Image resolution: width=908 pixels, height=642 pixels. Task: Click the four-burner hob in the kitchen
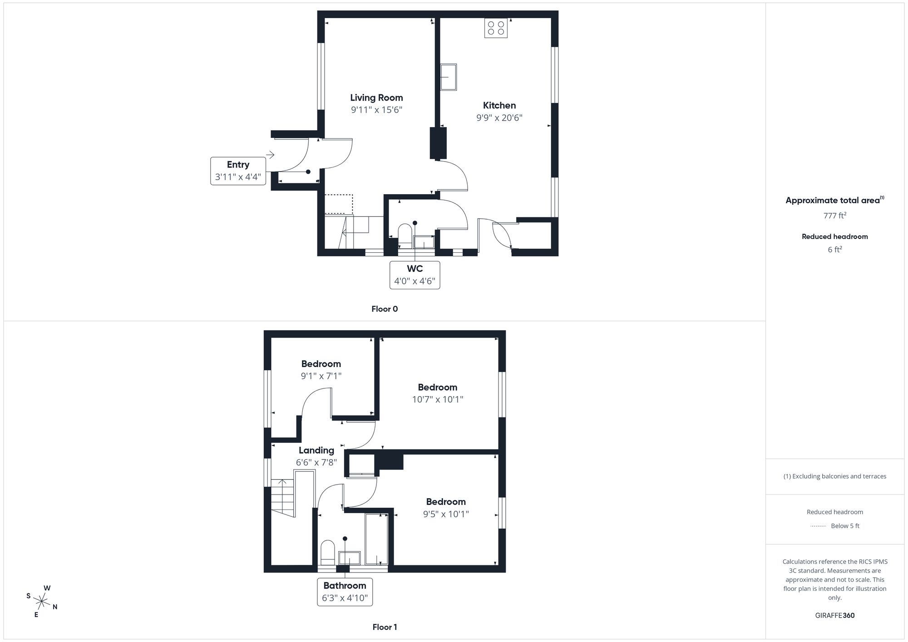496,28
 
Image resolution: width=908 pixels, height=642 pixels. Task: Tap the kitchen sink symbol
449,77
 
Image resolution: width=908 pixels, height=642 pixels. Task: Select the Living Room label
376,98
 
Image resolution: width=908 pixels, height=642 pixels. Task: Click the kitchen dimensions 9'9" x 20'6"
499,118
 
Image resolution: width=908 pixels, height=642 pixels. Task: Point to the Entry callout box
238,171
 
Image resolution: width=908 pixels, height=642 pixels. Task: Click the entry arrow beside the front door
270,155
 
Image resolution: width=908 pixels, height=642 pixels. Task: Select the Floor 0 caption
385,309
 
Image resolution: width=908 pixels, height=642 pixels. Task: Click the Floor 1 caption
385,627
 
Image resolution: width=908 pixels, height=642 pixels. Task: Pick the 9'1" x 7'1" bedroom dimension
321,376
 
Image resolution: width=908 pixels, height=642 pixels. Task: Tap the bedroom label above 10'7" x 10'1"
437,387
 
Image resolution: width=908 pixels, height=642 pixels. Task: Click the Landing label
316,450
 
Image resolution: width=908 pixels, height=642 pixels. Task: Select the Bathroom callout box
345,592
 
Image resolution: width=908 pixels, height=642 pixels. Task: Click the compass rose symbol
42,602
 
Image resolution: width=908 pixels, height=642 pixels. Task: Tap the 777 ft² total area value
834,216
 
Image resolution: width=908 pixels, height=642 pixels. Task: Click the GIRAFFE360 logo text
834,616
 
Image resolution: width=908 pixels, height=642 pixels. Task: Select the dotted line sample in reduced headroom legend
818,526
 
